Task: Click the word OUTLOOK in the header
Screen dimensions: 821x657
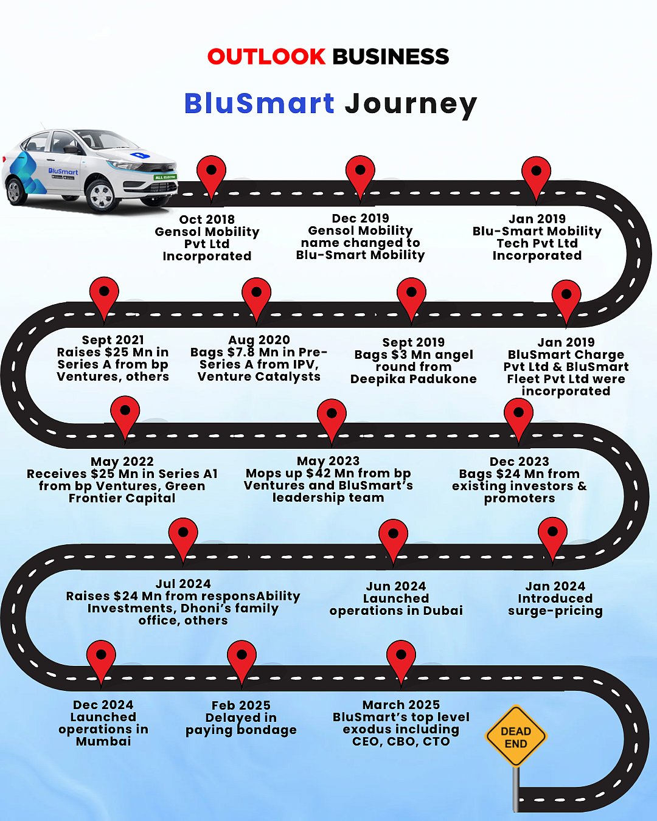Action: [x=266, y=57]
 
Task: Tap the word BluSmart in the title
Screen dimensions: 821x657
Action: [x=259, y=103]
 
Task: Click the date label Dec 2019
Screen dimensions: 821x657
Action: [x=360, y=218]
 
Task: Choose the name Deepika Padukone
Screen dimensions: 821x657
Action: [x=413, y=379]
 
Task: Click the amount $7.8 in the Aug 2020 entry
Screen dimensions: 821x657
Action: [x=240, y=352]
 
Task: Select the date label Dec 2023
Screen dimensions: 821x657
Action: [x=519, y=462]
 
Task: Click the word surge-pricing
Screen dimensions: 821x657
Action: [x=555, y=611]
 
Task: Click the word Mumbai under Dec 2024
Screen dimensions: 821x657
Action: [x=103, y=741]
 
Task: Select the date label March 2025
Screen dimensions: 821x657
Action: [x=401, y=705]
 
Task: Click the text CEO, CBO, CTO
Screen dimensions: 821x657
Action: [x=401, y=741]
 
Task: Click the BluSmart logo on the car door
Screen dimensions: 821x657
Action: [x=63, y=172]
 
